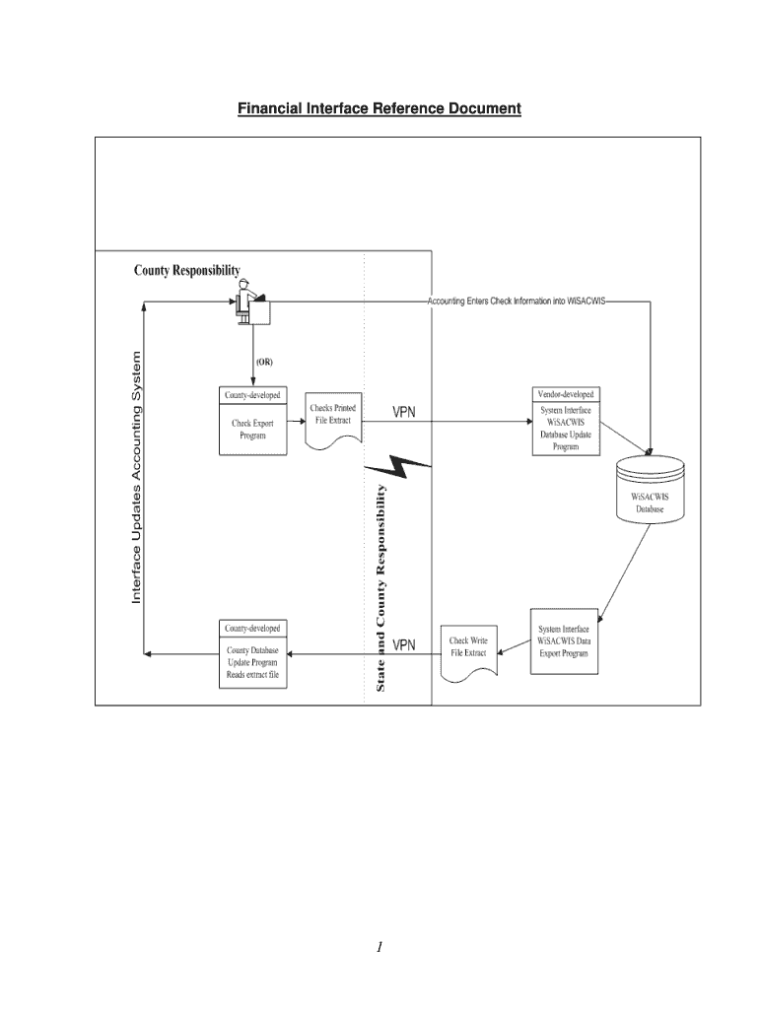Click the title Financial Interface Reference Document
click(x=379, y=108)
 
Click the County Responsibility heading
click(x=187, y=271)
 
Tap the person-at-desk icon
click(x=247, y=303)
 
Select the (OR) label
click(x=264, y=362)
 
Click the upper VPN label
click(x=404, y=413)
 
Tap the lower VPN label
click(x=404, y=645)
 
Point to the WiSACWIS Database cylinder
click(x=649, y=490)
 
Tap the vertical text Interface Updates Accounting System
click(x=137, y=478)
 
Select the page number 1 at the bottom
click(x=379, y=948)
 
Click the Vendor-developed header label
click(x=566, y=394)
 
